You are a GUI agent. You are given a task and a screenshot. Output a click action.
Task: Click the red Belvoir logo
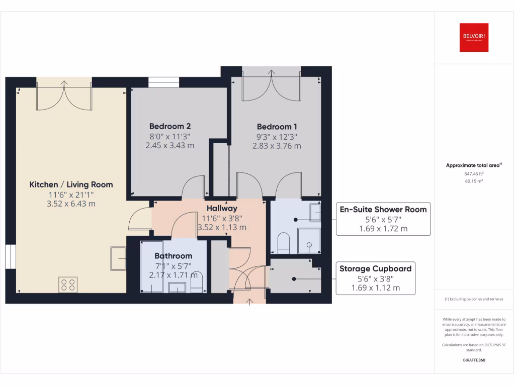tap(474, 38)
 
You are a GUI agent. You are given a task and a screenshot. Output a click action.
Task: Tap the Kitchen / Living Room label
tap(71, 184)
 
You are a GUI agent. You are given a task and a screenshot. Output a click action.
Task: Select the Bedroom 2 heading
tap(169, 126)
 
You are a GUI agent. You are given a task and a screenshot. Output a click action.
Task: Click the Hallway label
tap(222, 208)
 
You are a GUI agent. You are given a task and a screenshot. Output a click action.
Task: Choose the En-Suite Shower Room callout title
tap(383, 209)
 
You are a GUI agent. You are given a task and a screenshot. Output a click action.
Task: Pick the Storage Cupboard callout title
tap(375, 268)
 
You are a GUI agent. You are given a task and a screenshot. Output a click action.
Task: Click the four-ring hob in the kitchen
tap(68, 285)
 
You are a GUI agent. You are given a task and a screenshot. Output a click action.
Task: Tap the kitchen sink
tap(119, 258)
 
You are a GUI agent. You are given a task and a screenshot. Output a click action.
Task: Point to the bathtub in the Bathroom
tap(151, 267)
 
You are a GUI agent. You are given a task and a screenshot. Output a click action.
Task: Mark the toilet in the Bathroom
tap(198, 283)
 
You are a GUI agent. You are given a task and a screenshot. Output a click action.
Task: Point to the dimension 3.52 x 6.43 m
tap(71, 204)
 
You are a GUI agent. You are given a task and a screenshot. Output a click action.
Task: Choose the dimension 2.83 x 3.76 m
tap(277, 146)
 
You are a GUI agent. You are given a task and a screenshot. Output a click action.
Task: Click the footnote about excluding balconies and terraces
tap(474, 299)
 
